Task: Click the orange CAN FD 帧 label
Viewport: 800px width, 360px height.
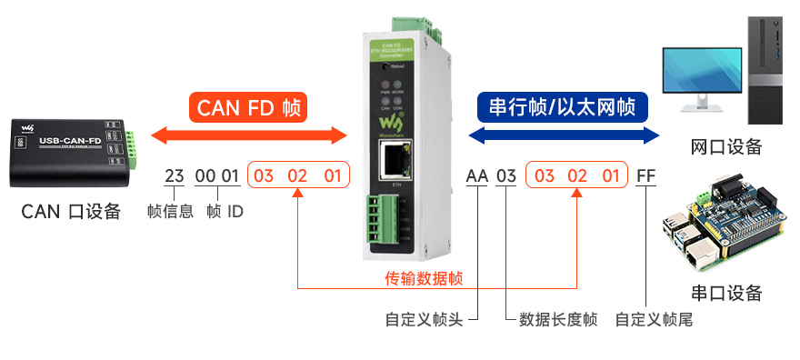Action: click(x=248, y=107)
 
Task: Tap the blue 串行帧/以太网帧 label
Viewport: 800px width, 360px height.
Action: click(x=562, y=107)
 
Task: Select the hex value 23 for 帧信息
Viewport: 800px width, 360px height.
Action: click(x=174, y=175)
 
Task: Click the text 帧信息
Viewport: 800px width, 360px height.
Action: click(x=170, y=212)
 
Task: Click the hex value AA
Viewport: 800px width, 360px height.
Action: click(x=476, y=175)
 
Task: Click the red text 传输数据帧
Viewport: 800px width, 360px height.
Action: click(x=424, y=278)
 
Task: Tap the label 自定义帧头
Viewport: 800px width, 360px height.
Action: click(x=425, y=320)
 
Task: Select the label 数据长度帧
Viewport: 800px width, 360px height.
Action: click(x=558, y=320)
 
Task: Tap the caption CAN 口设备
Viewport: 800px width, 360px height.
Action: click(x=71, y=212)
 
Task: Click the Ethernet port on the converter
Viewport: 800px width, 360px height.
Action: click(x=395, y=165)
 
